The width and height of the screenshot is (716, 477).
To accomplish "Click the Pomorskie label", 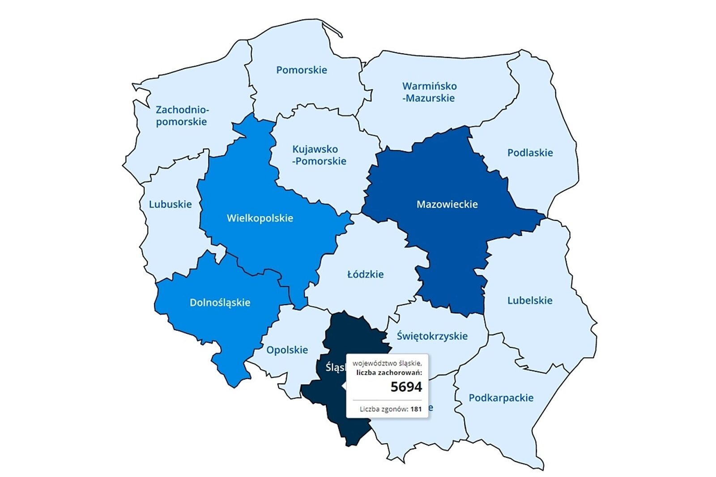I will click(x=301, y=70).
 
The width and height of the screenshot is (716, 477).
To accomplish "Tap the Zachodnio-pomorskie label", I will click(x=182, y=115).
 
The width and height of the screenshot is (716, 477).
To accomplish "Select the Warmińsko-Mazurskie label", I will click(x=429, y=92).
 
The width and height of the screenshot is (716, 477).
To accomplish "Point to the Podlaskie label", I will click(x=530, y=153).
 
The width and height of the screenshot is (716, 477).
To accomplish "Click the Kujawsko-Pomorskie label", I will click(x=319, y=155).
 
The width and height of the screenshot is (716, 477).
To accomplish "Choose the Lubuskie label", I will click(x=170, y=204).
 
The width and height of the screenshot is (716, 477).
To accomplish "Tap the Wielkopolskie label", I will click(x=260, y=218).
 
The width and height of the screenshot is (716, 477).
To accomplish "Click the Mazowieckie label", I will click(x=447, y=204).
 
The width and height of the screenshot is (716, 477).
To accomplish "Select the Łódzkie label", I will click(x=365, y=274).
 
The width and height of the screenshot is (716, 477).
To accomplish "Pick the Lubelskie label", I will click(x=529, y=300).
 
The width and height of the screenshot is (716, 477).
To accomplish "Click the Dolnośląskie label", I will click(x=220, y=302).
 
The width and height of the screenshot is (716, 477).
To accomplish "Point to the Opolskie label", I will click(x=287, y=349).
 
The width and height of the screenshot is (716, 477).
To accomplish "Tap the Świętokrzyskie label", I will click(x=432, y=336).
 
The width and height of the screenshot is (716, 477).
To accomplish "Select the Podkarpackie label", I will click(x=501, y=397).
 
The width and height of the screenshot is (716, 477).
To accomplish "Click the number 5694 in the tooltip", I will click(x=406, y=387).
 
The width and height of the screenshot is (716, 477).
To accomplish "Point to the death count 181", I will click(x=416, y=409).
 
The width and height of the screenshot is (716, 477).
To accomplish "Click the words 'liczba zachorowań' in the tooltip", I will click(x=389, y=372).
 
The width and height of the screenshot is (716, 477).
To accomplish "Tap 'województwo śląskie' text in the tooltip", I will click(x=387, y=363).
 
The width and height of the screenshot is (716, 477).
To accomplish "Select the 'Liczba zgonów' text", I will click(x=384, y=409).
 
